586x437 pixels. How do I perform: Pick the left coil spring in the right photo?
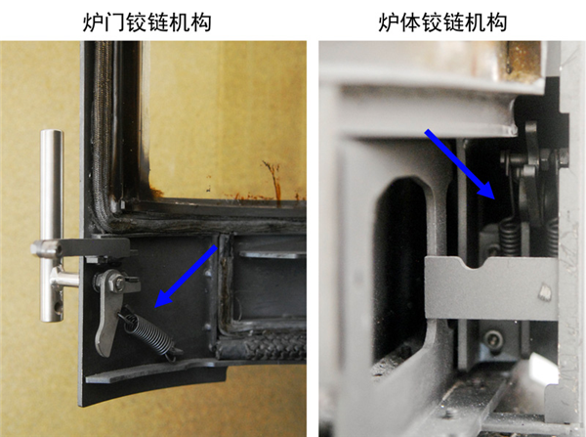509,240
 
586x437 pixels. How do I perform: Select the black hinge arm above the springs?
532,147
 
